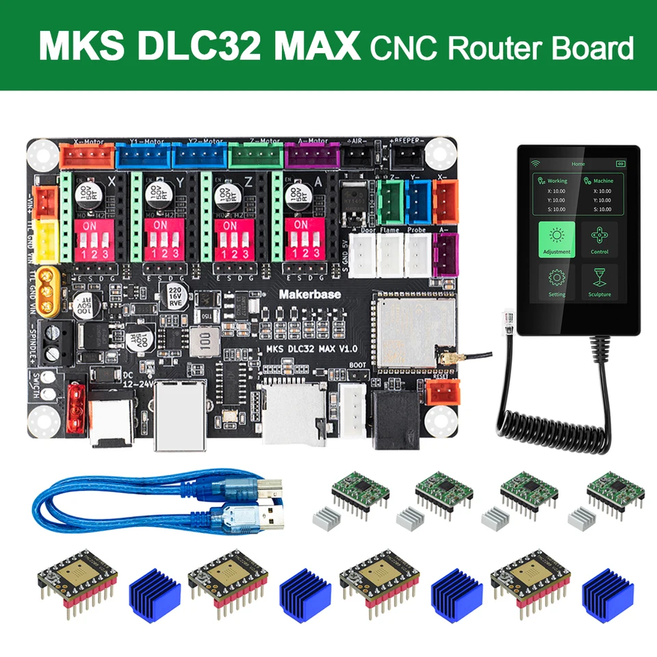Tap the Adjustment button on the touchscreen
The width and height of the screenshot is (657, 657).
[x=556, y=240]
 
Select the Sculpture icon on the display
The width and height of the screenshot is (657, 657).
[x=600, y=282]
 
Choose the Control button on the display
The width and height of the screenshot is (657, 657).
[x=600, y=240]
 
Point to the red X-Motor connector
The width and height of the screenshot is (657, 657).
[x=88, y=155]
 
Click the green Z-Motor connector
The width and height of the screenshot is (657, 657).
[x=255, y=155]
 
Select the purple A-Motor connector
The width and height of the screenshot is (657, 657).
[x=312, y=155]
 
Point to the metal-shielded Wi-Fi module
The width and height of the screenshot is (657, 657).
[x=413, y=328]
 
